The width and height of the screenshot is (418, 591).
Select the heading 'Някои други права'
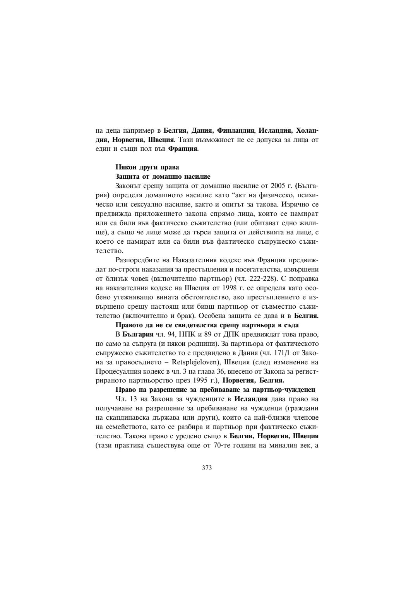147,167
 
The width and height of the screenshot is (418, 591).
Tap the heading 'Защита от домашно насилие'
163,176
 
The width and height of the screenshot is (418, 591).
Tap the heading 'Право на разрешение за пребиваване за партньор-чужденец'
215,389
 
